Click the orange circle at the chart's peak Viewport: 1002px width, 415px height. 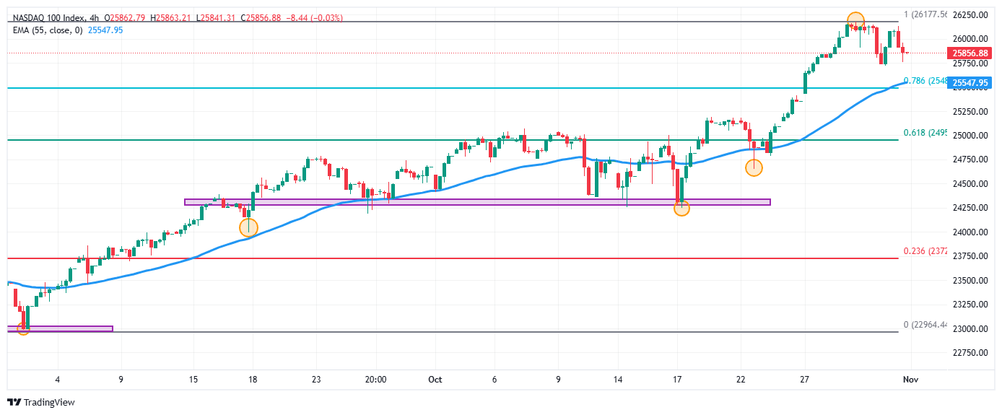[855, 21]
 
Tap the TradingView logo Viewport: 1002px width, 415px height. [41, 402]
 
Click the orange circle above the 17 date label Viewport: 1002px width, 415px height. [681, 208]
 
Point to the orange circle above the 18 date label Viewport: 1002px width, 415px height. [248, 227]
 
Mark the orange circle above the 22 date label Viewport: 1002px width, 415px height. [754, 167]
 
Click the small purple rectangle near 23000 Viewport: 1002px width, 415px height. [61, 328]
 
